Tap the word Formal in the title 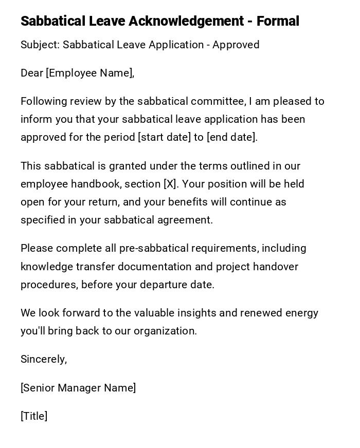coord(278,21)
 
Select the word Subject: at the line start coord(40,45)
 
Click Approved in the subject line coord(236,45)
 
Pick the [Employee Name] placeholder coord(89,73)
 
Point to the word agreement coord(187,220)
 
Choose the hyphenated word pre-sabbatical coord(154,248)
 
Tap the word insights coord(202,313)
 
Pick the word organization coord(165,331)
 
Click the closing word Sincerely coord(44,359)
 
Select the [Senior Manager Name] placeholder coord(78,388)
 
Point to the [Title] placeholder coord(34,416)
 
